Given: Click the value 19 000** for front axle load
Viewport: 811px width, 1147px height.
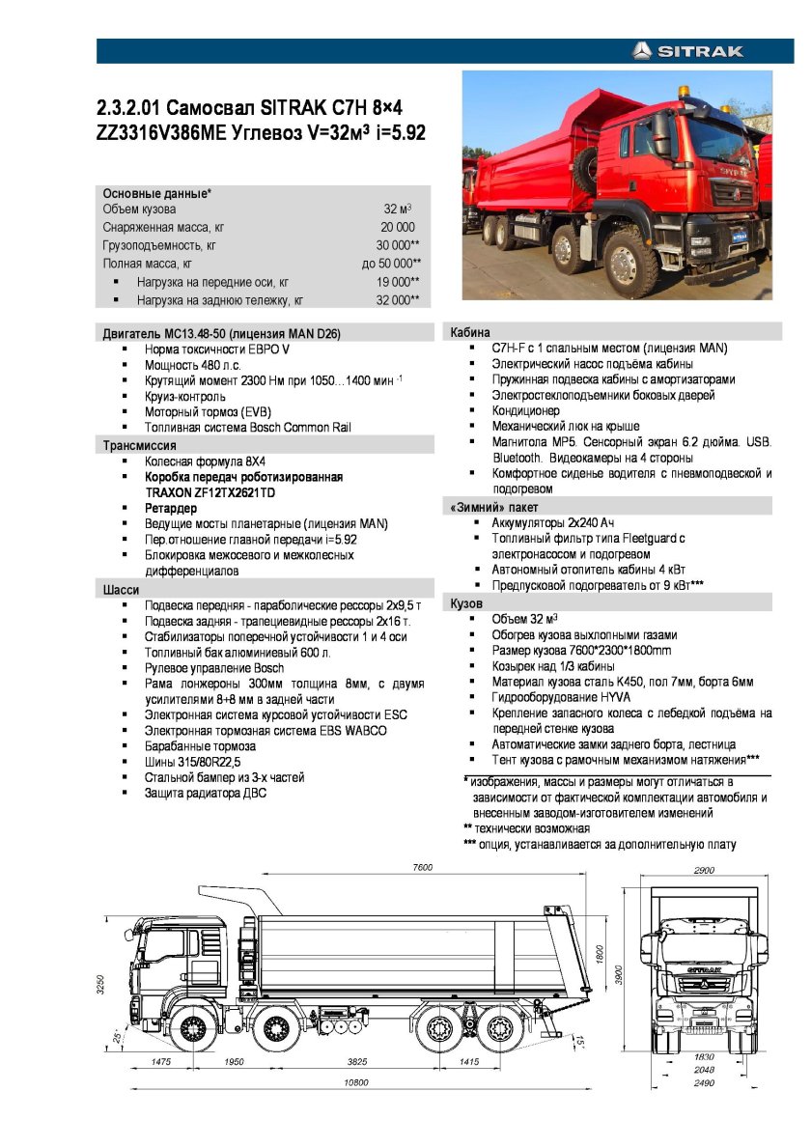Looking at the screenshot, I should click(398, 282).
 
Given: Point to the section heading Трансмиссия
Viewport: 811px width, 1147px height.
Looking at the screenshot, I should click(140, 445).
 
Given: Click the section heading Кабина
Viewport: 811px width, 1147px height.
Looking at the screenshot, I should click(470, 332).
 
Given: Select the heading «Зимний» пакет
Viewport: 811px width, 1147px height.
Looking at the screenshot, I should click(494, 507).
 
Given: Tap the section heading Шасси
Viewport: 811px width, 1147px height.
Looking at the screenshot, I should click(122, 589).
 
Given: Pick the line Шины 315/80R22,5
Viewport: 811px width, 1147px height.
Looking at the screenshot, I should click(192, 762).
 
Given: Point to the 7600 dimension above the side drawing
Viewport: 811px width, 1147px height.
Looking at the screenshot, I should click(423, 868).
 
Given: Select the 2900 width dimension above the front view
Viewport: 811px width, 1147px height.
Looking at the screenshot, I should click(704, 870).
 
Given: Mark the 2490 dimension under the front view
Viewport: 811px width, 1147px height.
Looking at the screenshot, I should click(704, 1082).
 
